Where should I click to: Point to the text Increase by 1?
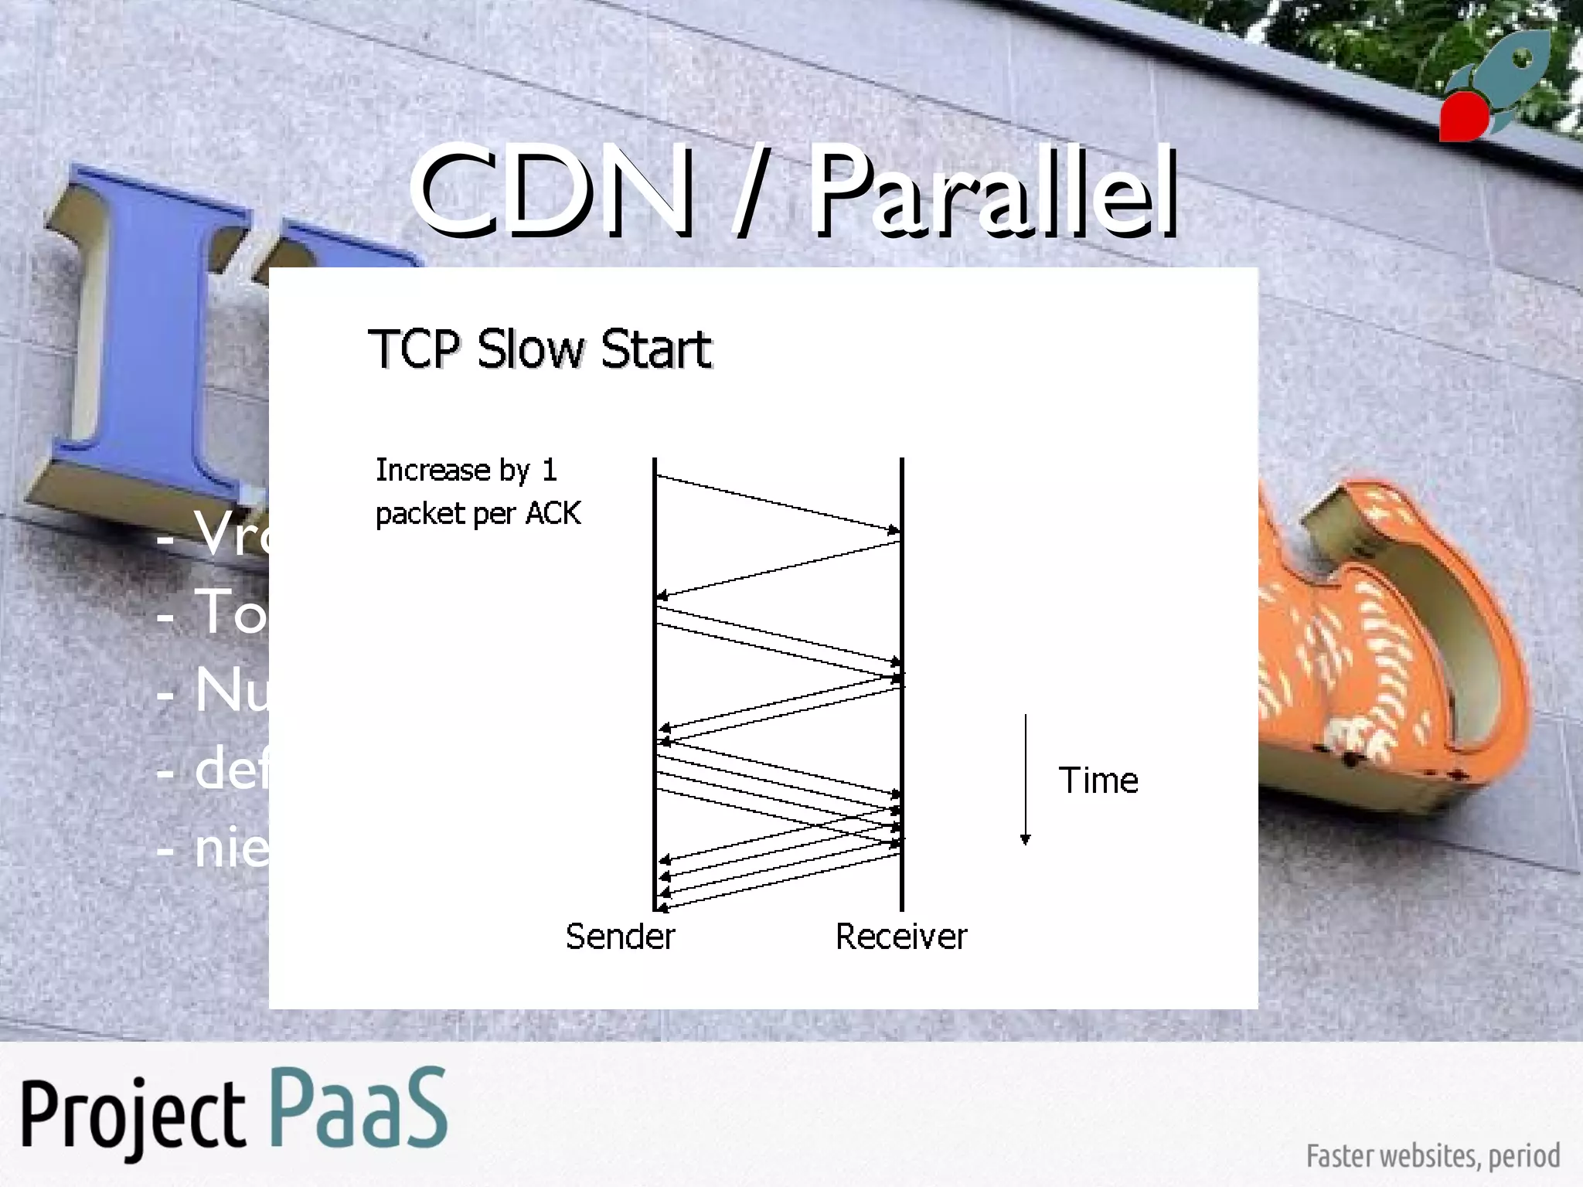(465, 470)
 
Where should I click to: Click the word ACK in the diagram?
(553, 514)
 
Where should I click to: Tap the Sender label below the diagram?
(620, 937)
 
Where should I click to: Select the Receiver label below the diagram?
(900, 937)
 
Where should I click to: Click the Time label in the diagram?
(1098, 781)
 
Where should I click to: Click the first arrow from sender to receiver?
(777, 504)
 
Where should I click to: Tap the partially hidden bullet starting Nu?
(224, 690)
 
